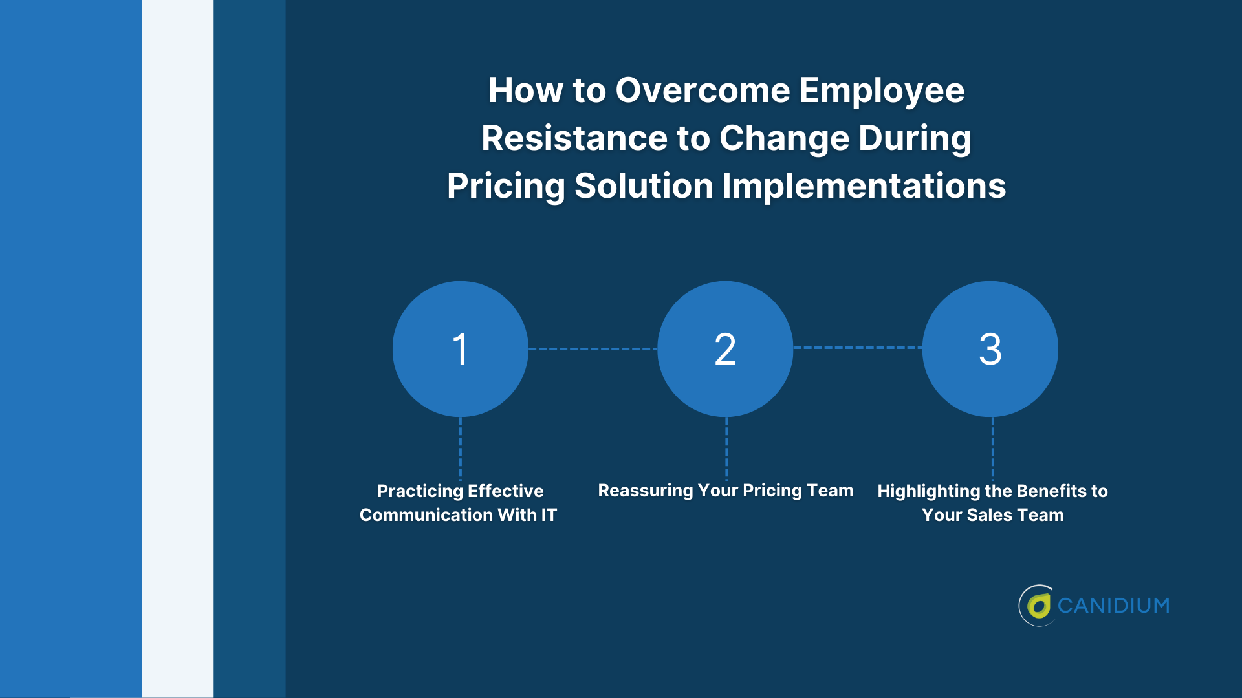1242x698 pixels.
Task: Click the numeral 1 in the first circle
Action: click(x=460, y=349)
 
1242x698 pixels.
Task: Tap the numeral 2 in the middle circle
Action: click(x=725, y=349)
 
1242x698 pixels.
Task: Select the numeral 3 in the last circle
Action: click(x=990, y=349)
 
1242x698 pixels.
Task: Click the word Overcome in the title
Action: click(x=703, y=90)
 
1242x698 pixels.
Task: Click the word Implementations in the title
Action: click(x=864, y=186)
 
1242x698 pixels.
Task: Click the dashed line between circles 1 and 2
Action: click(x=593, y=349)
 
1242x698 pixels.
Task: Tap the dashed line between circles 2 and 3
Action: click(x=858, y=348)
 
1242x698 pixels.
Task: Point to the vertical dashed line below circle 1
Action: click(x=461, y=447)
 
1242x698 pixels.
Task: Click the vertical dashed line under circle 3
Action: click(x=993, y=447)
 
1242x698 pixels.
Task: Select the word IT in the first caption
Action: click(x=549, y=515)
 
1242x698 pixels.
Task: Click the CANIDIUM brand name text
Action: click(x=1113, y=606)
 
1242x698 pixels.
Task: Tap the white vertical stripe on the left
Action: click(x=177, y=349)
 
